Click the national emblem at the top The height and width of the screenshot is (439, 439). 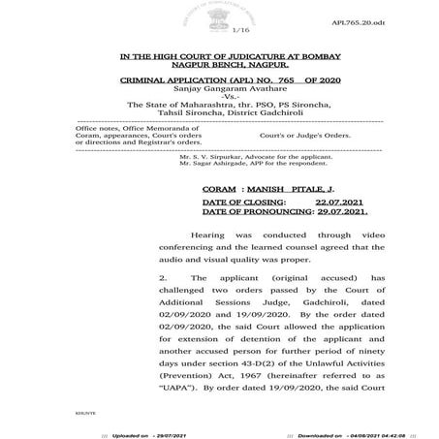click(220, 15)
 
